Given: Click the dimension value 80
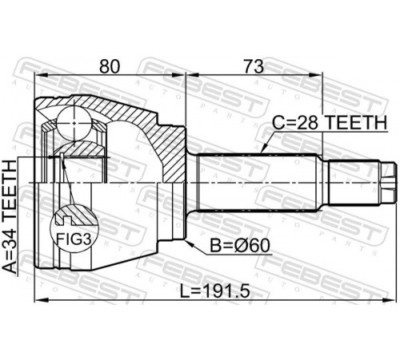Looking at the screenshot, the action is [110, 66].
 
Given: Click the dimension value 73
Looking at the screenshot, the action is [254, 66].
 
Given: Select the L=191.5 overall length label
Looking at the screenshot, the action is [215, 290].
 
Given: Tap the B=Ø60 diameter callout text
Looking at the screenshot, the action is [240, 246].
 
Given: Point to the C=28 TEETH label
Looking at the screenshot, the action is [330, 122].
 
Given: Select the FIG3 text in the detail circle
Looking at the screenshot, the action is [74, 238].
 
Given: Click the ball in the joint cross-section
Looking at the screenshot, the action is [74, 123].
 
